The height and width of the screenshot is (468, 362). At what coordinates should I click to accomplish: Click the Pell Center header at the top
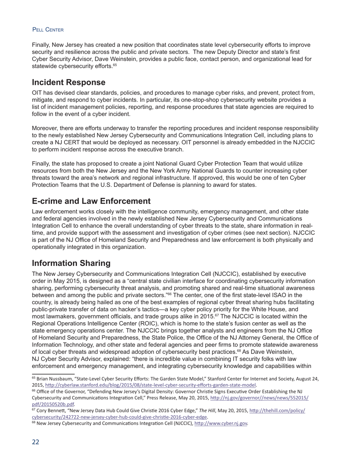point(48,30)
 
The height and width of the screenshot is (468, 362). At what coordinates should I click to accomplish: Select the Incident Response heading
point(69,83)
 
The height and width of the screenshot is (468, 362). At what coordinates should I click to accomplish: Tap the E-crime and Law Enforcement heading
point(91,201)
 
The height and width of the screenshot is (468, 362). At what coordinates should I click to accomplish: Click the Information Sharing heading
point(71,263)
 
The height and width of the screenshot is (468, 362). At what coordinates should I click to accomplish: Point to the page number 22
point(35,442)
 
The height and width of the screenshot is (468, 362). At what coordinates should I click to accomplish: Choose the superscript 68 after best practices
point(239,350)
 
